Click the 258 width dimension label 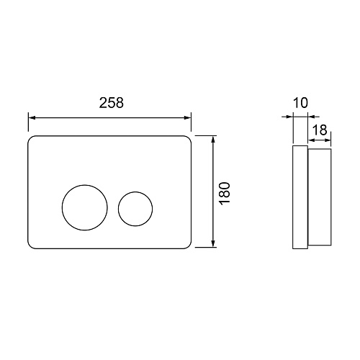coord(112,103)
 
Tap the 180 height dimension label coord(225,193)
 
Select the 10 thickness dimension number coord(300,103)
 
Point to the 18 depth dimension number coord(320,130)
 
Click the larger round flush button coord(62,207)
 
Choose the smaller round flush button coord(118,209)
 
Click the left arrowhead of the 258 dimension coord(32,117)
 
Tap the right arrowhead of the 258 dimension coord(187,117)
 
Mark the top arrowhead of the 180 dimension coord(212,140)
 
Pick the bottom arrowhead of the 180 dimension coord(212,243)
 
